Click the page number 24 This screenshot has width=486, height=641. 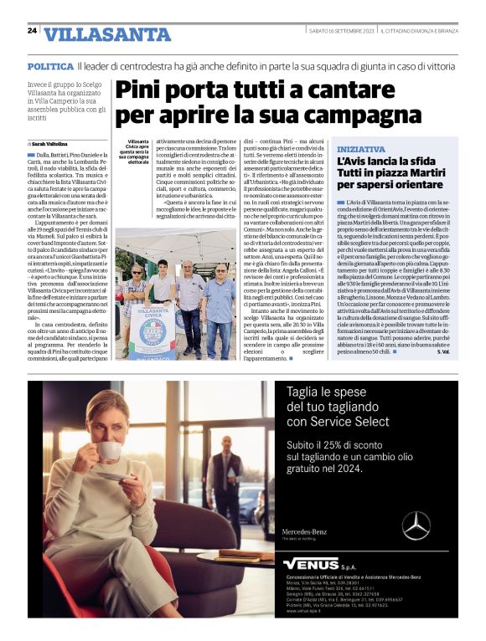point(32,31)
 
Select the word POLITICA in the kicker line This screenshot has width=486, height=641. point(49,66)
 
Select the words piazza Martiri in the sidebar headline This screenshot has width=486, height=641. point(406,175)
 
